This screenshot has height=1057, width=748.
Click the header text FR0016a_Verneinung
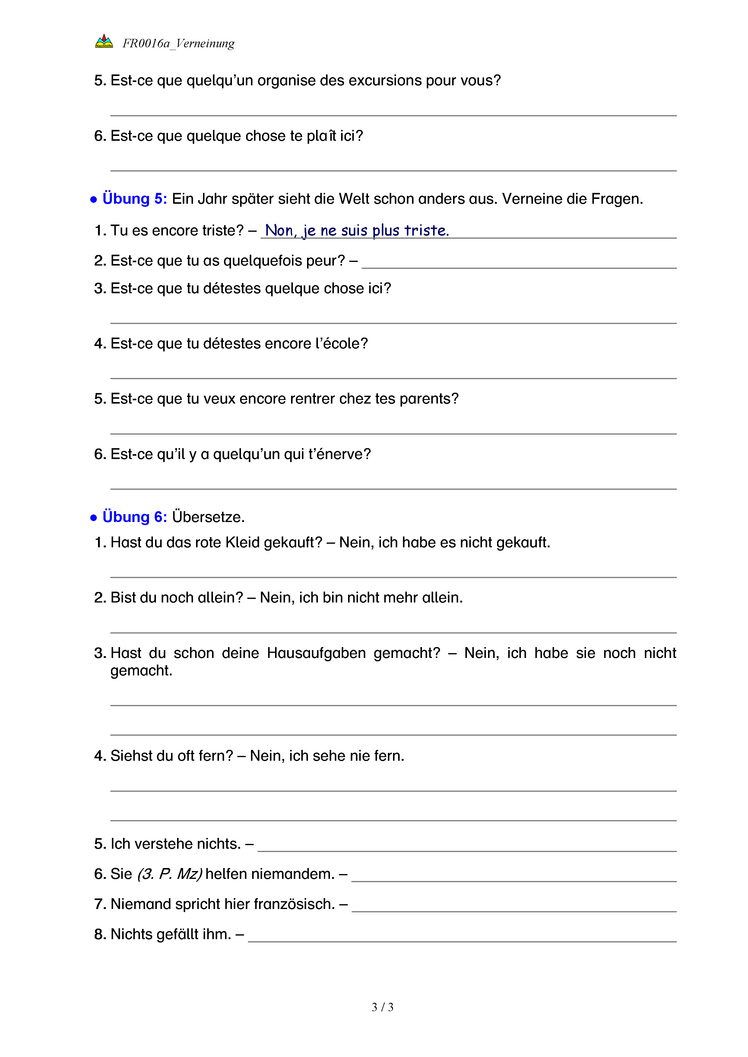(x=178, y=43)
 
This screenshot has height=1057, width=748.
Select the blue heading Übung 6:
(x=135, y=517)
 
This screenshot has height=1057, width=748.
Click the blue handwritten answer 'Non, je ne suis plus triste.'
(x=357, y=230)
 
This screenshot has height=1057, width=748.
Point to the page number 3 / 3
(x=382, y=1007)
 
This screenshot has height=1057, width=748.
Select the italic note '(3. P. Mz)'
(x=170, y=874)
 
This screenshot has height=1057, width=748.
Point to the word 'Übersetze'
(x=208, y=517)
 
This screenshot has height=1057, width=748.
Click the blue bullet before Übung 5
(x=93, y=199)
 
